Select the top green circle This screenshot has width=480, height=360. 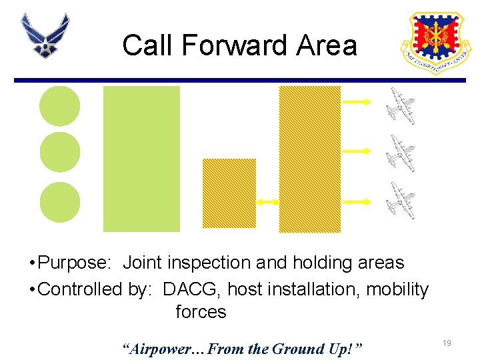[60, 107]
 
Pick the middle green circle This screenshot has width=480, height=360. [60, 153]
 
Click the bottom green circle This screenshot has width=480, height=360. [60, 202]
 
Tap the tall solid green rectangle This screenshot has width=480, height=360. [141, 159]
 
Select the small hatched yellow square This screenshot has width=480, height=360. [229, 193]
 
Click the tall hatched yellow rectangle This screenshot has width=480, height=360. [309, 159]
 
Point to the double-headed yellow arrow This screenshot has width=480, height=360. [267, 201]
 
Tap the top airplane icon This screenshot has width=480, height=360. [402, 106]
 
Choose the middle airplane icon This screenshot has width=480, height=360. [402, 153]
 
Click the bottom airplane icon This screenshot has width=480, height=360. [402, 201]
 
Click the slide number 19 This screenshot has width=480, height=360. [447, 343]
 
